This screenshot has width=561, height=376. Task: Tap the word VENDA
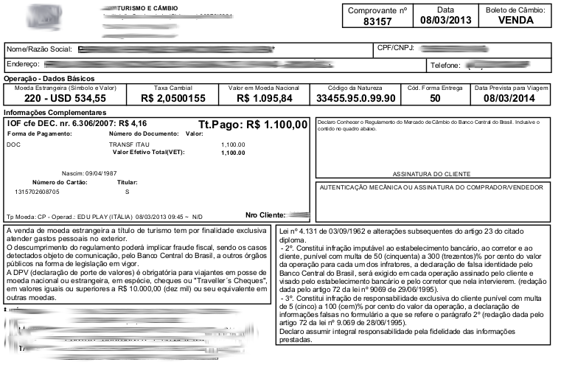point(515,21)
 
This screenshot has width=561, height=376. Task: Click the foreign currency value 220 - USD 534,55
point(66,98)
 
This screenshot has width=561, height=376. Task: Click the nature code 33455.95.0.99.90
point(356,98)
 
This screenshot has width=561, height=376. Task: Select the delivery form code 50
point(435,98)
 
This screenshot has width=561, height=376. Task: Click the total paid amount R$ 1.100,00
point(276,125)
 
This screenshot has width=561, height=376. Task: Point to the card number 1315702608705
point(38,191)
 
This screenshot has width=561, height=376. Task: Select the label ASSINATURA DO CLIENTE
point(431,174)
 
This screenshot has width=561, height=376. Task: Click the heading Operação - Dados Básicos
point(49,78)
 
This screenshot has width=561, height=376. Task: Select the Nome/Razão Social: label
point(39,49)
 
